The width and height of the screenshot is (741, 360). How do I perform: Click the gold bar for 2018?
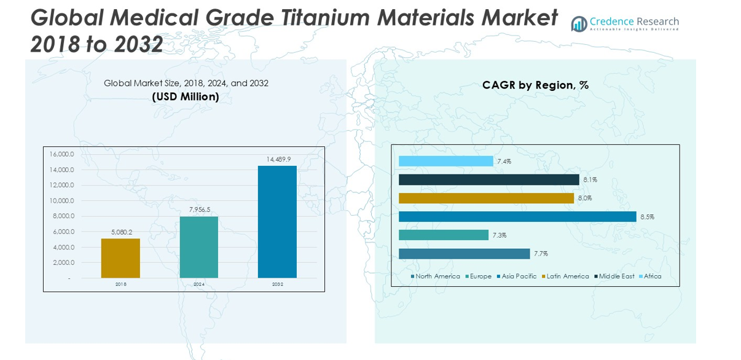coord(120,258)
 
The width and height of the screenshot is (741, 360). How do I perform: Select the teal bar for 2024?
coord(198,247)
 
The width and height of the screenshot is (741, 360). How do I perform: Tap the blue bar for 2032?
coord(277,222)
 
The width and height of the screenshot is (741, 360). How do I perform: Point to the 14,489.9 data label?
coord(278,159)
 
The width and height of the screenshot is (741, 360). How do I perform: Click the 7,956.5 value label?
coord(200,209)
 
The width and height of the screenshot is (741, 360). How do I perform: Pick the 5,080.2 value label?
coord(122,232)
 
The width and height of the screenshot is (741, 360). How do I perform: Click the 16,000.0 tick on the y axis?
coord(62,154)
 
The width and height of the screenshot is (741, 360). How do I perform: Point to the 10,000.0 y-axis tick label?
coord(62,201)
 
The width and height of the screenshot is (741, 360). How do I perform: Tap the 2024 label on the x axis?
coord(199,284)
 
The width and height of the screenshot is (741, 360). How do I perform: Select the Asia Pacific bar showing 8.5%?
coord(517,216)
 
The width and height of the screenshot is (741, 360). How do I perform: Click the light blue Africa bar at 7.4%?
coord(445,161)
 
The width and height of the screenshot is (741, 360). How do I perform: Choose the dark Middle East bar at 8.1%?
coord(488,179)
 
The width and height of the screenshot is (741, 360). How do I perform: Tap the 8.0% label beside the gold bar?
coord(584,198)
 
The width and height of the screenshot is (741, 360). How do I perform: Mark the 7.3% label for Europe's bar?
coord(500,235)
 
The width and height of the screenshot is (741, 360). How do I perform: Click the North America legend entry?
coord(437,276)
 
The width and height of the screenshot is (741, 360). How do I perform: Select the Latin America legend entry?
coord(567,276)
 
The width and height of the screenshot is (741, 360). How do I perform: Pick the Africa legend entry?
coord(652,276)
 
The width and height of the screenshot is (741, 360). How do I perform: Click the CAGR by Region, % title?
coord(535,85)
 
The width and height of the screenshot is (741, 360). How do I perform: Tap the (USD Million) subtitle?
coord(186,96)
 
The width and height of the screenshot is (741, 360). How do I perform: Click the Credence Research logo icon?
coord(579,24)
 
